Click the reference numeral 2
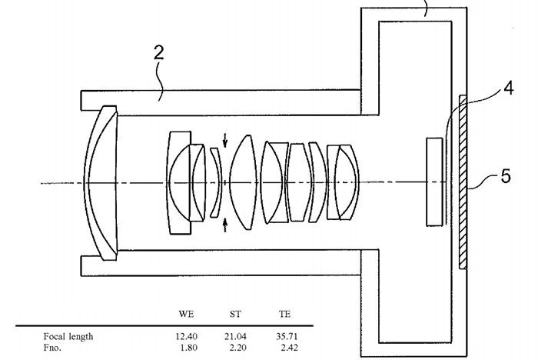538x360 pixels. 158,53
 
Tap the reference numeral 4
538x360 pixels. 509,88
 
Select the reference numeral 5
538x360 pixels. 506,176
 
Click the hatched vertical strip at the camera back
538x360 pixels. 463,182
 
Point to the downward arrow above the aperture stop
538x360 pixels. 225,140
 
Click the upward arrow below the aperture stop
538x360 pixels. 225,225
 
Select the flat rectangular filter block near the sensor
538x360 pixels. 434,182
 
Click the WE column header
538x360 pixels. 186,314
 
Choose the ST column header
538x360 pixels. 235,314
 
